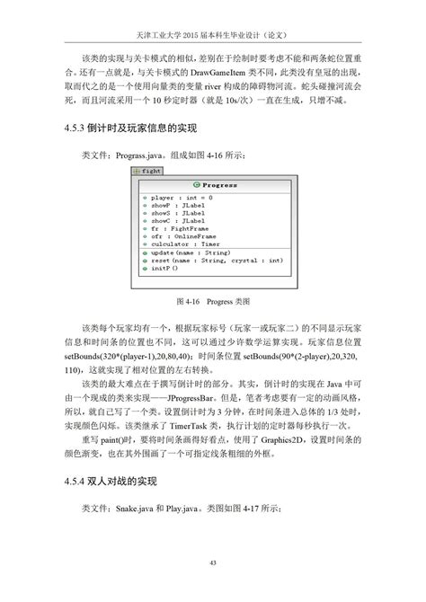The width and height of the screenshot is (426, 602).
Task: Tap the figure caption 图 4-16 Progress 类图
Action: point(212,300)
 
